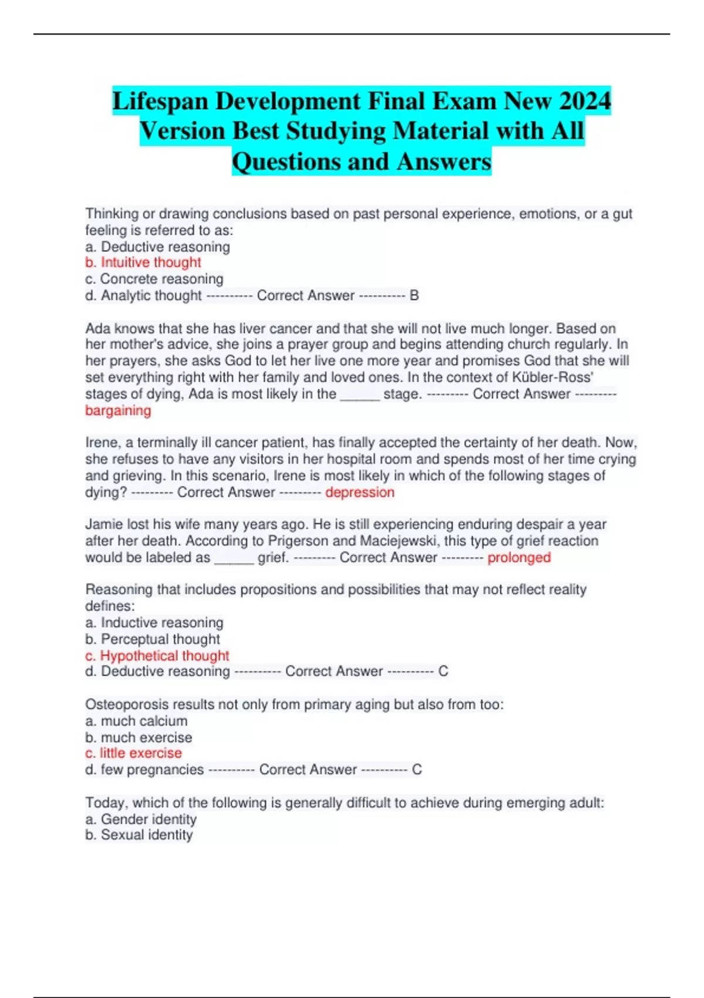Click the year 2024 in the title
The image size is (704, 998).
(585, 101)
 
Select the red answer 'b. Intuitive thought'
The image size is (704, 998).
(143, 262)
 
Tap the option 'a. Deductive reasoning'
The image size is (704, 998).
(157, 247)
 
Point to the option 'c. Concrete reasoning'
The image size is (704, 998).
(154, 279)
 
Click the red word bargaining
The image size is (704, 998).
(118, 410)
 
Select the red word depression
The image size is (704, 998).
(360, 492)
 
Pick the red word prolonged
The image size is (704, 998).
(519, 557)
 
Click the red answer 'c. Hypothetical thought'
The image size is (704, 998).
(157, 655)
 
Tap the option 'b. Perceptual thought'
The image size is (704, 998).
(153, 639)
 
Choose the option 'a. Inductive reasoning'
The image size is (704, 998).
(154, 622)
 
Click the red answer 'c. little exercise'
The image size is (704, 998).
(133, 753)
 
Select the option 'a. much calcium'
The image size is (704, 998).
(136, 721)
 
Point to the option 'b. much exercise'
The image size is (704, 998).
(138, 737)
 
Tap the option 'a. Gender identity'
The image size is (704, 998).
(141, 819)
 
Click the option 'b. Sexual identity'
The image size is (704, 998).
(138, 835)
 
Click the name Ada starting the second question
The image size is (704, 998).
(97, 328)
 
